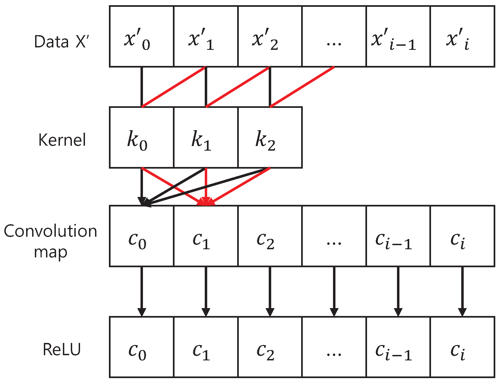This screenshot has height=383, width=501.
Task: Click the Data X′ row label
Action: (x=61, y=42)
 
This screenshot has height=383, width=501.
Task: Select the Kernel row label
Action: (x=62, y=140)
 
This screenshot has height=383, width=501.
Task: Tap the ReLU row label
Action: (x=62, y=349)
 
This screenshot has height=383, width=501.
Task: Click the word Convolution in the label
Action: (x=50, y=231)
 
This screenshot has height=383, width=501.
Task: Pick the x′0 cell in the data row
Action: (x=141, y=37)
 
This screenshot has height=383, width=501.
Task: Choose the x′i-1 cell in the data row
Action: (x=398, y=37)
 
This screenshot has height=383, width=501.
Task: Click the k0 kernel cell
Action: (x=141, y=137)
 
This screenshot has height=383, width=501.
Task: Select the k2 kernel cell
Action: (x=270, y=137)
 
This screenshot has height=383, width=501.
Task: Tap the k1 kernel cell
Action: (x=206, y=137)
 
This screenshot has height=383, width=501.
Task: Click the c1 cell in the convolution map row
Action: (x=206, y=236)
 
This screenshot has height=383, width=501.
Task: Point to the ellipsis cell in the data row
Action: (x=334, y=37)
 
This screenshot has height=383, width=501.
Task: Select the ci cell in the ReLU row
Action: (x=462, y=347)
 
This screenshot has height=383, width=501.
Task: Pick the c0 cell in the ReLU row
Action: (x=141, y=347)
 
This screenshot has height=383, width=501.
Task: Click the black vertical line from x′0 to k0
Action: (x=142, y=87)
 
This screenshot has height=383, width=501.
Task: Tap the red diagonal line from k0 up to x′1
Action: (x=173, y=87)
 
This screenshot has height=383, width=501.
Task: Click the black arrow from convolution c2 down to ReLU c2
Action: (x=270, y=290)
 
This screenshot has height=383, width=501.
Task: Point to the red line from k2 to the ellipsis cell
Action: (x=302, y=87)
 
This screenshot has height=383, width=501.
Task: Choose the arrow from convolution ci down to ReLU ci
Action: (x=462, y=290)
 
